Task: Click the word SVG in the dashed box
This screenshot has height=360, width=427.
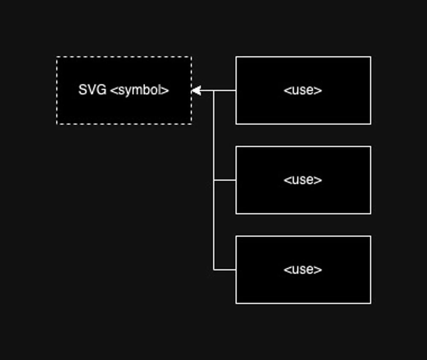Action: click(x=92, y=90)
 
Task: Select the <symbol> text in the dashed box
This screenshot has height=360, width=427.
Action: click(x=140, y=91)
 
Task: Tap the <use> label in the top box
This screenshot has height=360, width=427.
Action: click(x=303, y=91)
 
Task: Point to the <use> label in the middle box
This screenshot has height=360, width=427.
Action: click(x=303, y=180)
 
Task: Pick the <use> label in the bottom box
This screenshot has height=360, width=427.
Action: click(x=303, y=270)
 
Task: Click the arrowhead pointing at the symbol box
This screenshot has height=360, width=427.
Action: click(x=196, y=91)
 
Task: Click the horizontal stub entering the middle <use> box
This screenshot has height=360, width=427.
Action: click(x=225, y=180)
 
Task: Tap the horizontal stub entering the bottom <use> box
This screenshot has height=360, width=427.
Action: click(x=225, y=270)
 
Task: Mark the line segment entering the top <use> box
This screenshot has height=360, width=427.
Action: click(x=225, y=91)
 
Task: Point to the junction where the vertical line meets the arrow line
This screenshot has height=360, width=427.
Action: click(x=214, y=91)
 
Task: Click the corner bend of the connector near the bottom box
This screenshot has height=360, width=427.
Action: click(x=214, y=270)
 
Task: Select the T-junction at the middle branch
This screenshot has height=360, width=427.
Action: click(x=214, y=180)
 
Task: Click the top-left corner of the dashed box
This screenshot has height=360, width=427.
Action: click(x=57, y=57)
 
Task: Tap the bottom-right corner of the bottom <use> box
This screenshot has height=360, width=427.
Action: click(x=371, y=304)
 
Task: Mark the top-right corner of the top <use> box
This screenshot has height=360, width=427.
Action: click(x=371, y=57)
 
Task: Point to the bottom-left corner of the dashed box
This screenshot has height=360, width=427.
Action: click(x=57, y=124)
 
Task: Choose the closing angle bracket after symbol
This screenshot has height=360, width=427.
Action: click(x=166, y=91)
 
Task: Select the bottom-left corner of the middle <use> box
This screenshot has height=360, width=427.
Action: click(x=236, y=214)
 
